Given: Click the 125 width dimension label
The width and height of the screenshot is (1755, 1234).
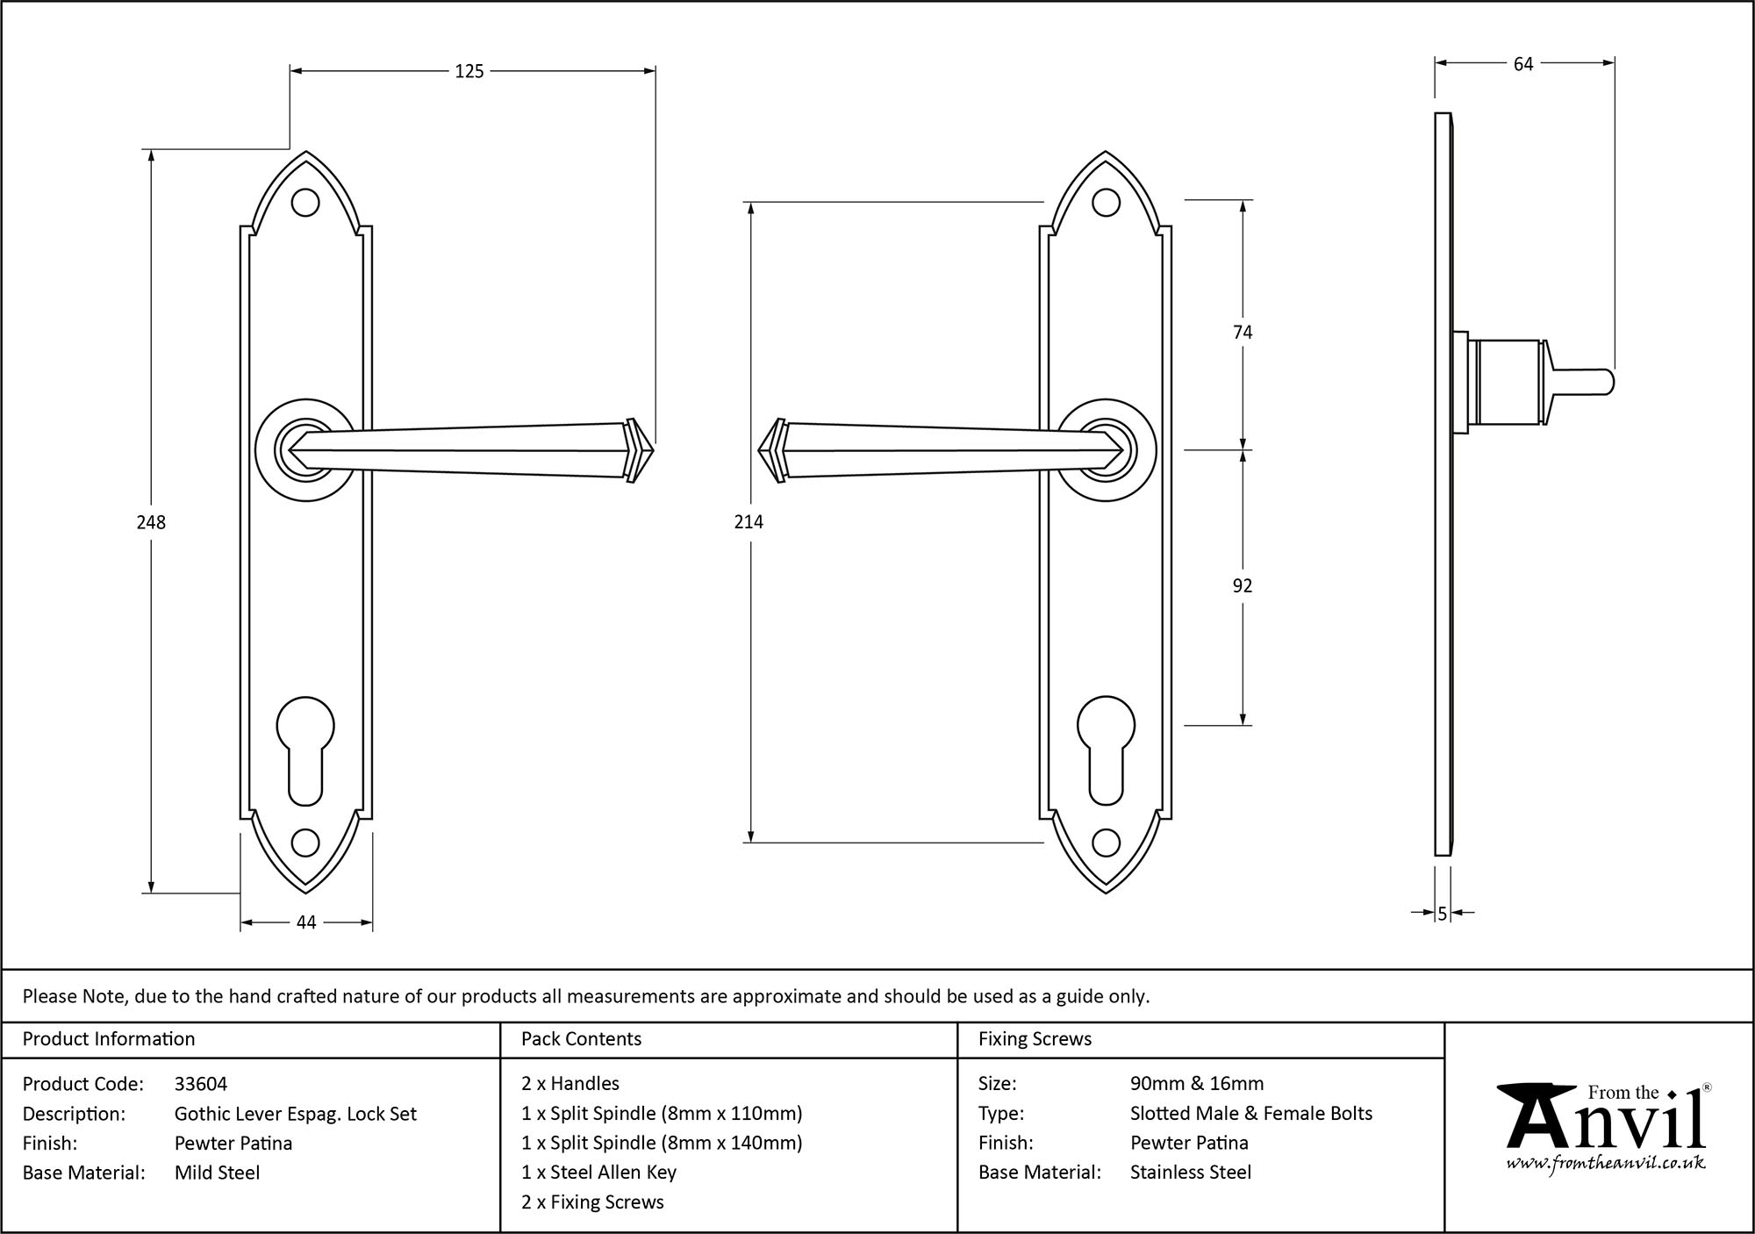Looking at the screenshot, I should tap(469, 72).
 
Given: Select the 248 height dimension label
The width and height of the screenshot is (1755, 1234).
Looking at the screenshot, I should tap(151, 522).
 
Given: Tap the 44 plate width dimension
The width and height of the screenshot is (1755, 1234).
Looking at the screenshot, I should tap(306, 922).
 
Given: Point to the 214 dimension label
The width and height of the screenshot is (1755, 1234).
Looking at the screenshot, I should tap(749, 522).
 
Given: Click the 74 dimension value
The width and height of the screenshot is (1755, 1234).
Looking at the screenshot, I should tap(1243, 332).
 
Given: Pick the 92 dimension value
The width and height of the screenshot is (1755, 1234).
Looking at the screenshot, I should tap(1243, 585).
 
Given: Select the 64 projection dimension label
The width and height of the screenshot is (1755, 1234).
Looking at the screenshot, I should tap(1523, 64).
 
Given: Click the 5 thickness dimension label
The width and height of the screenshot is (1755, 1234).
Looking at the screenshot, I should tap(1442, 914).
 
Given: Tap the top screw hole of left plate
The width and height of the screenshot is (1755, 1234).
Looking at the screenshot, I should tap(305, 203).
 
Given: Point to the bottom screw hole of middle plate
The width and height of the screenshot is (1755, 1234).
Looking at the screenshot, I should tap(1106, 844).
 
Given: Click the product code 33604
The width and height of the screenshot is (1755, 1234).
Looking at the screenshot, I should tap(201, 1084).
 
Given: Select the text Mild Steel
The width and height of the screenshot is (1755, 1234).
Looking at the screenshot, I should tap(217, 1173).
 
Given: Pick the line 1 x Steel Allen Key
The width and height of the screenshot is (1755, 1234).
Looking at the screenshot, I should tap(598, 1173).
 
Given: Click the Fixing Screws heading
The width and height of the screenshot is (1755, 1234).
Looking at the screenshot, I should tap(1035, 1039).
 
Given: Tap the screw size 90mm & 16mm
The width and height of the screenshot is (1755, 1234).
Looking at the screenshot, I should tap(1197, 1084).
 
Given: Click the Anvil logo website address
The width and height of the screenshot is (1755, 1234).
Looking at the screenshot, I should tap(1605, 1163).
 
